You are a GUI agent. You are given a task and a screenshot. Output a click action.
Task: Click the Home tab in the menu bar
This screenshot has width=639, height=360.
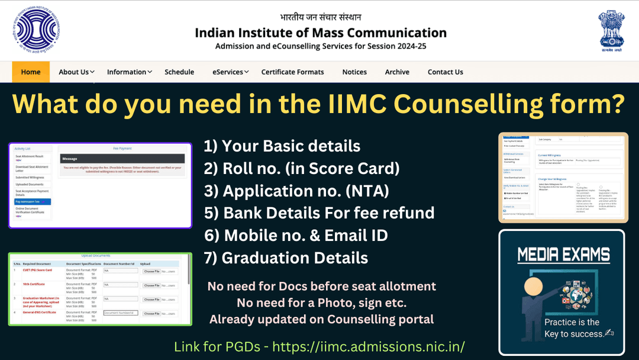[x=31, y=72]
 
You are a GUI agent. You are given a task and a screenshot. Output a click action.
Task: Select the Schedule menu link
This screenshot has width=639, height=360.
[x=179, y=72]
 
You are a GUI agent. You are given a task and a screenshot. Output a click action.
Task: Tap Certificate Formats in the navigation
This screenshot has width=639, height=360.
[x=292, y=72]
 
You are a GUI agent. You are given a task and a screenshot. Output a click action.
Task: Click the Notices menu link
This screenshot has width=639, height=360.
[x=354, y=72]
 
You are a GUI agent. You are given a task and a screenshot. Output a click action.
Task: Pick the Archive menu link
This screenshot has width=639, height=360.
[x=397, y=72]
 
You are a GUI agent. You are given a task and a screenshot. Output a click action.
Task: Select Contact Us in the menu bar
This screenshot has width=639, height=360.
[x=445, y=72]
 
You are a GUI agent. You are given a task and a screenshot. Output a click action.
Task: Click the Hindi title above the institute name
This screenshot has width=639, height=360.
[x=321, y=17]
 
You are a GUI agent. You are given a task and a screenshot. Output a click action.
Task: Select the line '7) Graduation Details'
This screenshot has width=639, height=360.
[x=286, y=258]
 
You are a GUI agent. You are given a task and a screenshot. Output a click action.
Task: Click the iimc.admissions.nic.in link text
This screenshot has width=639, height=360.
[x=368, y=346]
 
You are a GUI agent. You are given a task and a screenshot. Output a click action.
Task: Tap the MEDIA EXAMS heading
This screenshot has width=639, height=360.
[x=563, y=255]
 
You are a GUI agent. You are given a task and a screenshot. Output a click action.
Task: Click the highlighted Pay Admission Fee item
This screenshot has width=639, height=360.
[x=33, y=202]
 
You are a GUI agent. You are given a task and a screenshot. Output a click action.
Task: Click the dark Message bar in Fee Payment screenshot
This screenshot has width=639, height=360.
[x=122, y=159]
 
